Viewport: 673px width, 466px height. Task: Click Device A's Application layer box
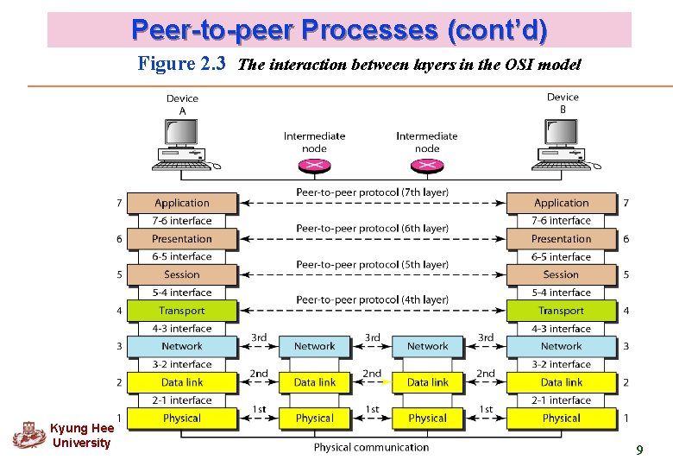[182, 203]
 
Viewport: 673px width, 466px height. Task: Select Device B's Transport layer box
[561, 311]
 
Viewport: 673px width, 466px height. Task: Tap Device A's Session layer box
[182, 274]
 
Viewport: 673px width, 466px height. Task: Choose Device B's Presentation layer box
[561, 239]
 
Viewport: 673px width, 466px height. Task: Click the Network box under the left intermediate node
[314, 346]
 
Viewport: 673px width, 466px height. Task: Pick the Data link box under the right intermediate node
[428, 382]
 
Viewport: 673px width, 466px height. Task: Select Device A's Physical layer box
[182, 419]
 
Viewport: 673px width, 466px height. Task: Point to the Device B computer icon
[563, 142]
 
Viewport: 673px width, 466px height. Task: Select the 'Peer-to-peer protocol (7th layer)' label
[372, 192]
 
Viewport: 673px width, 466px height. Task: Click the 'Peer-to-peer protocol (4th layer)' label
[372, 299]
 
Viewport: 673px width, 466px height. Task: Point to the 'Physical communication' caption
[371, 447]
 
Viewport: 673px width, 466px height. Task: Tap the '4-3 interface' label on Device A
[182, 329]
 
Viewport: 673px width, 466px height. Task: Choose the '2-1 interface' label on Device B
[561, 400]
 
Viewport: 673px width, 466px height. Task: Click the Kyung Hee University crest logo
[29, 434]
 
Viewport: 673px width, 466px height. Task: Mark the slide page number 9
[639, 450]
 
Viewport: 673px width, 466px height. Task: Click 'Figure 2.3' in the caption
[182, 64]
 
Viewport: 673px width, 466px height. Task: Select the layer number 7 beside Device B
[626, 203]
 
